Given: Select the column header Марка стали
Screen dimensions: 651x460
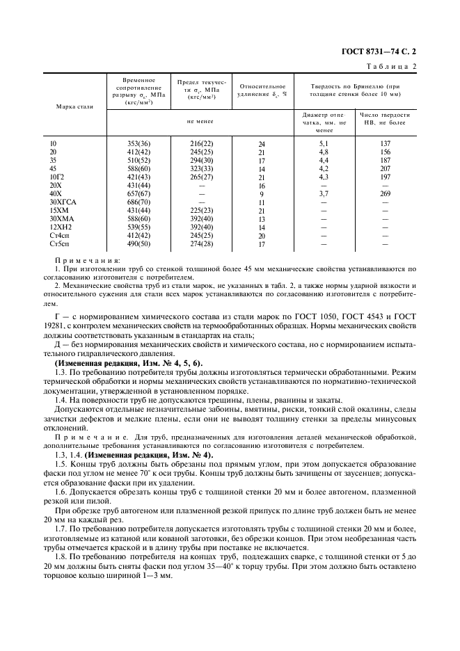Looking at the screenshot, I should point(74,106).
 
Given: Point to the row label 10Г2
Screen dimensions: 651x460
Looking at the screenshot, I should point(57,177).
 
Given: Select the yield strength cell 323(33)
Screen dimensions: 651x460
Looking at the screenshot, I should point(201,168).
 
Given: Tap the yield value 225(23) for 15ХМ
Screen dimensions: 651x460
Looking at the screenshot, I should point(201,210).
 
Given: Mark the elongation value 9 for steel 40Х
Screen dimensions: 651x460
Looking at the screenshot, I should point(262,194).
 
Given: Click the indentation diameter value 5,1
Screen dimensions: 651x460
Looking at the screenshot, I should point(324,143).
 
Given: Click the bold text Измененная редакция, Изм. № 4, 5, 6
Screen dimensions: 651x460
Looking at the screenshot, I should point(128,362).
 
